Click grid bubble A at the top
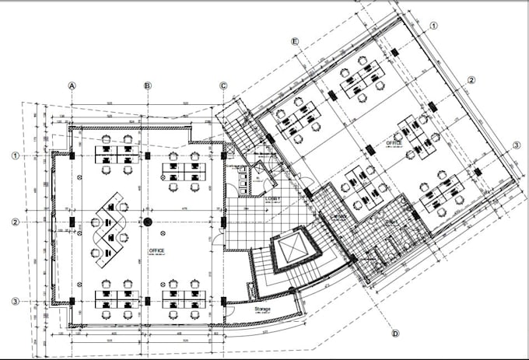coord(72,86)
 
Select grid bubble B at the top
coord(147,86)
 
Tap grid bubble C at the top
coord(223,86)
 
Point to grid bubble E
coord(295,40)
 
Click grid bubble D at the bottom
coord(395,334)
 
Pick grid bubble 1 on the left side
coord(15,156)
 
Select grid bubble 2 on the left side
coord(15,223)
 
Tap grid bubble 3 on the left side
coord(15,301)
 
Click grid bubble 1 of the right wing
coord(433,25)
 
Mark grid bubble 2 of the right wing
coord(471,80)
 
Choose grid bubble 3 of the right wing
coord(516,145)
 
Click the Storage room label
coord(262,309)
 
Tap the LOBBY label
coord(272,199)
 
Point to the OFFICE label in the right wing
coord(394,143)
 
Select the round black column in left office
coord(147,222)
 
